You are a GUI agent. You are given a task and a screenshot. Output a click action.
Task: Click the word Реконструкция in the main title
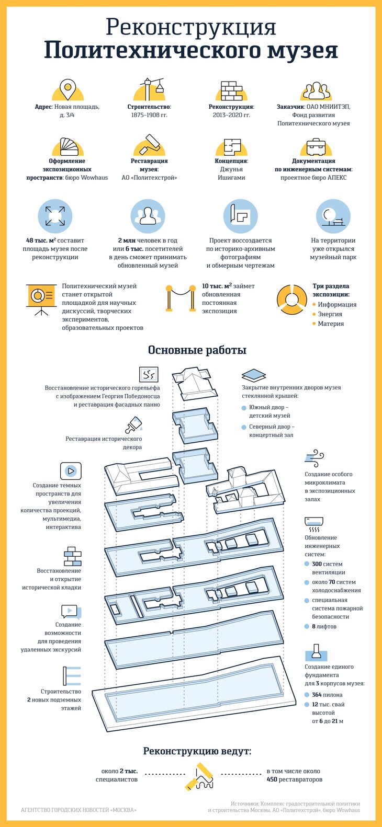pyautogui.click(x=191, y=27)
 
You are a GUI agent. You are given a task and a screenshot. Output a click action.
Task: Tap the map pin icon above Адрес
pyautogui.click(x=68, y=90)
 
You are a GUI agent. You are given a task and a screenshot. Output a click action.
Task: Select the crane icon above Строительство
pyautogui.click(x=151, y=89)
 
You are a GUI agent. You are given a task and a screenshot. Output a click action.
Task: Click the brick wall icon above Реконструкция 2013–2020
pyautogui.click(x=231, y=90)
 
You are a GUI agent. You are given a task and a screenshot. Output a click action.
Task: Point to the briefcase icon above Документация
pyautogui.click(x=316, y=147)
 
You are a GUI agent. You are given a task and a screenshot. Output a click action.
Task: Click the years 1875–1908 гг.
pyautogui.click(x=149, y=115)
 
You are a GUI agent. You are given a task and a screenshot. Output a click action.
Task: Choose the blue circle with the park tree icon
pyautogui.click(x=333, y=216)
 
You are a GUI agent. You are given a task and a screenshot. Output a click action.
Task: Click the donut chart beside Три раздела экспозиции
pyautogui.click(x=291, y=300)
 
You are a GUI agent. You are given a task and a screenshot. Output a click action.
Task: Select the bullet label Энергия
pyautogui.click(x=330, y=314)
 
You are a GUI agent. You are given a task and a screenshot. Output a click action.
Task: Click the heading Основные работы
pyautogui.click(x=197, y=350)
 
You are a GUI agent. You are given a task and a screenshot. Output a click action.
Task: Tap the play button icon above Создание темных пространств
pyautogui.click(x=71, y=470)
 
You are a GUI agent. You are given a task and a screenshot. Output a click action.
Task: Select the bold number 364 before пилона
pyautogui.click(x=317, y=695)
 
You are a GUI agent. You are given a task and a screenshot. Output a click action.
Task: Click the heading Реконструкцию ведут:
pyautogui.click(x=197, y=751)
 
